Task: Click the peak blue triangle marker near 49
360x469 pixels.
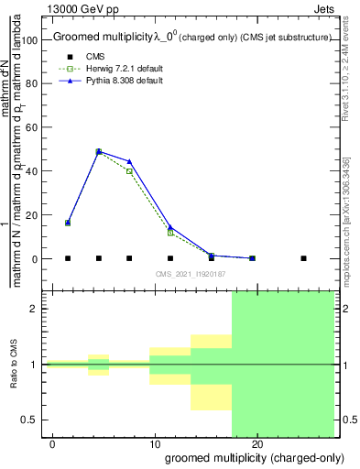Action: pyautogui.click(x=99, y=151)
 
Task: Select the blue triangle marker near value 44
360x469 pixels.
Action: pyautogui.click(x=129, y=161)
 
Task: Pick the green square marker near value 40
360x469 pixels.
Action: pyautogui.click(x=129, y=171)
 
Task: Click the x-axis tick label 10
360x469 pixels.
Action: pyautogui.click(x=155, y=445)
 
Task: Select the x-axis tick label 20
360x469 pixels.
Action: pyautogui.click(x=257, y=445)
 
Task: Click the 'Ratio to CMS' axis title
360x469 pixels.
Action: pyautogui.click(x=14, y=365)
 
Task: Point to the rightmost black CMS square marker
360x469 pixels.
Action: pyautogui.click(x=303, y=258)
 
